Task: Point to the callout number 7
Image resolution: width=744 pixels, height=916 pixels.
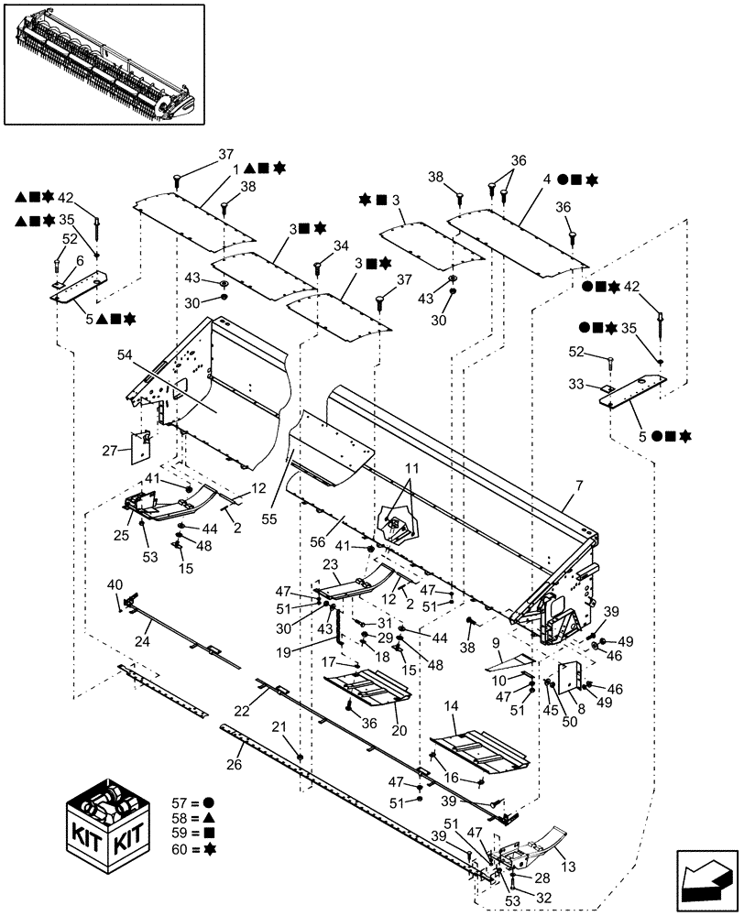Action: (x=570, y=502)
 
